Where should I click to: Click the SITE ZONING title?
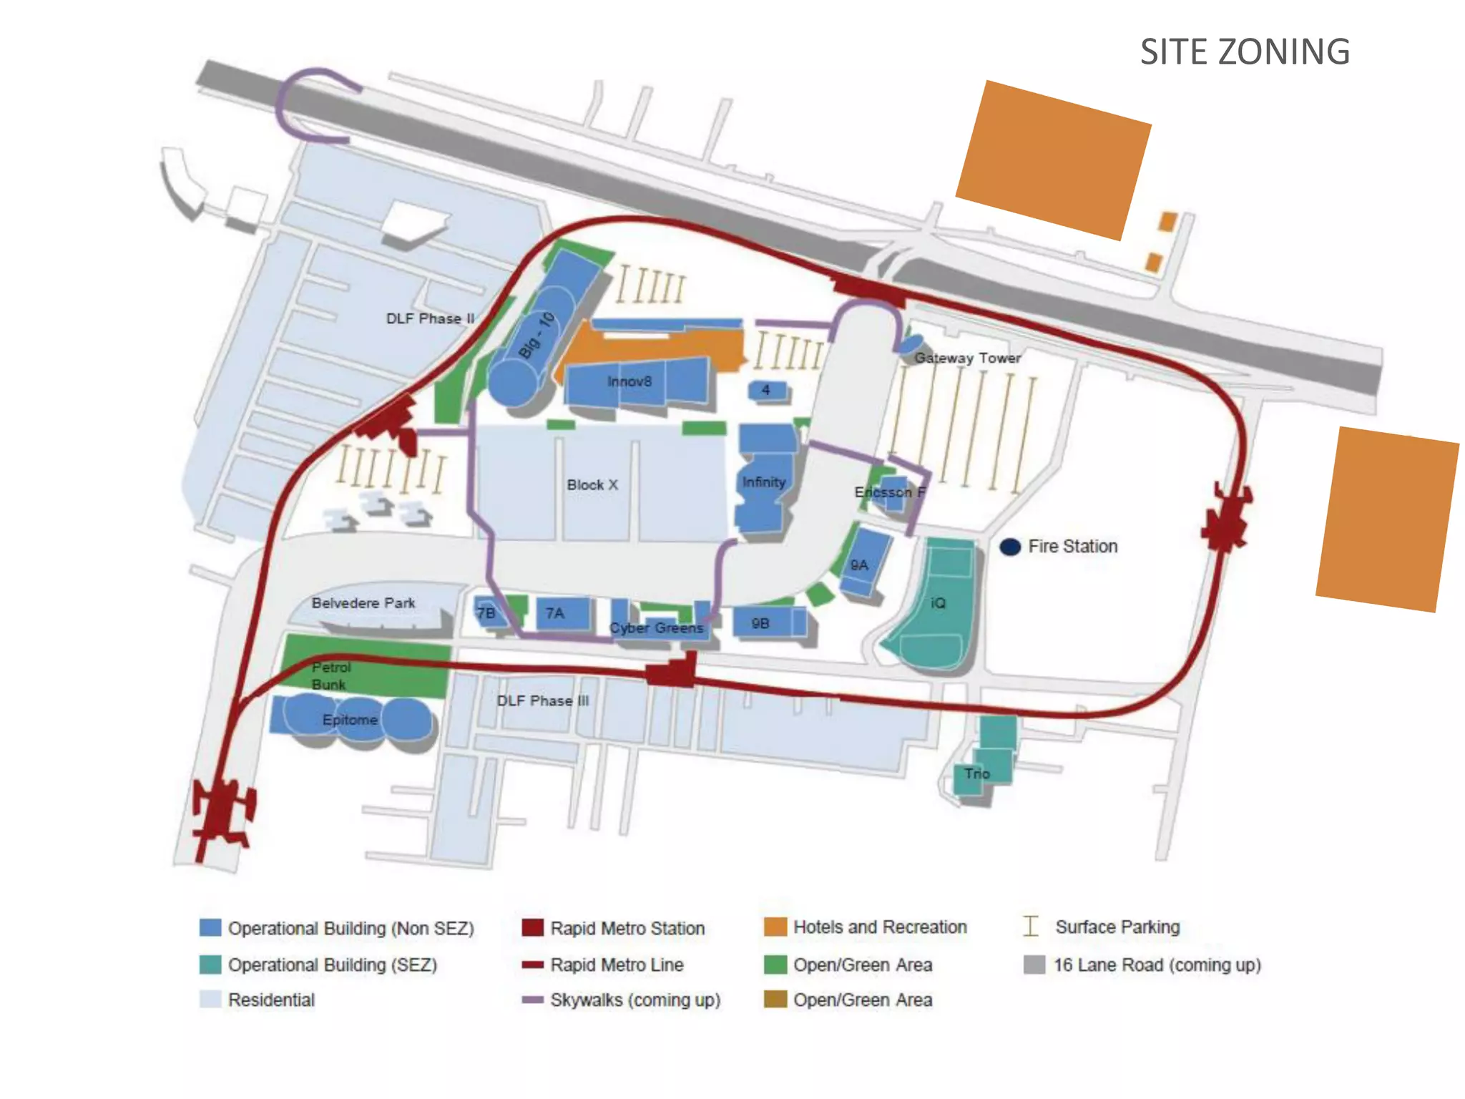[1244, 52]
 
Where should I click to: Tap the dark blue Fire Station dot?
[1010, 547]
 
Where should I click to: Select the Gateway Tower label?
[967, 358]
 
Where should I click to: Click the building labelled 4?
[767, 391]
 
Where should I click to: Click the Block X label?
[592, 485]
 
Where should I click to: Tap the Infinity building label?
[763, 482]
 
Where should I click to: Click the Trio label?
[976, 773]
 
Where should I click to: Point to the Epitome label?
[350, 720]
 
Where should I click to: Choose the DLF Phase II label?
[430, 318]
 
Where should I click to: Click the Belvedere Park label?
[363, 603]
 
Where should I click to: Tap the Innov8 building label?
[629, 382]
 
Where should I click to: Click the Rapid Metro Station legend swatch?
[533, 928]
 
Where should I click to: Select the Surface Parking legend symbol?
[1031, 927]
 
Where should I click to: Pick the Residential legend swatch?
[210, 1000]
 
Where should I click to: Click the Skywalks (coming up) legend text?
[635, 1000]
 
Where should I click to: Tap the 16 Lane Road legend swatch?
[1034, 964]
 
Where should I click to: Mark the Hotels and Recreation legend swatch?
[775, 927]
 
